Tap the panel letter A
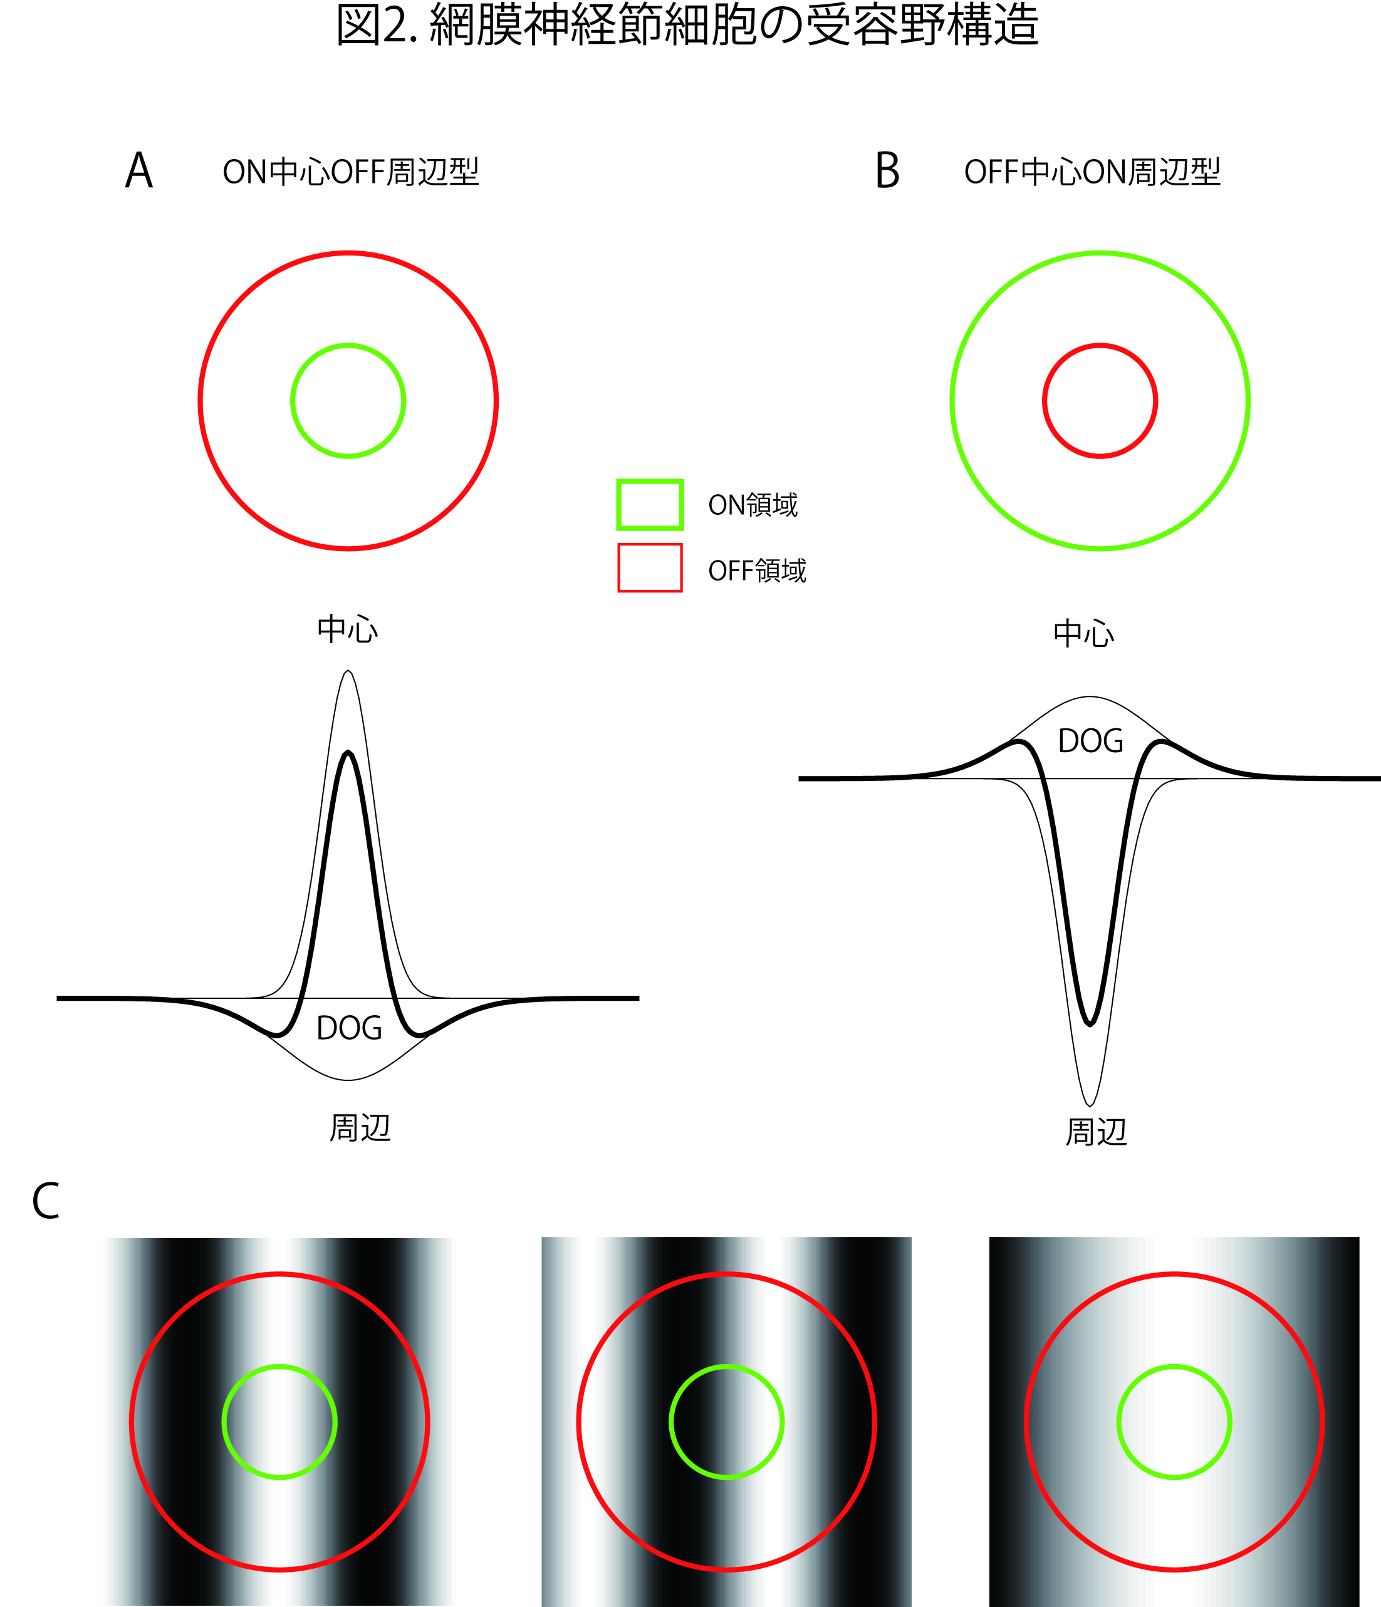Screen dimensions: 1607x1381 [139, 170]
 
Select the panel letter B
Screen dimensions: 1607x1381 [887, 170]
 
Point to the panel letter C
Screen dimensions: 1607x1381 [46, 1201]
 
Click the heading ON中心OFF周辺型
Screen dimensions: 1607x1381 [351, 172]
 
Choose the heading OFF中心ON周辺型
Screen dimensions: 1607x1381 [1092, 172]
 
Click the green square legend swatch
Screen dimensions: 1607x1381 [649, 505]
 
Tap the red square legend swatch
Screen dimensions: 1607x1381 [649, 569]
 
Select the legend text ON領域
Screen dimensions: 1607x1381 [753, 505]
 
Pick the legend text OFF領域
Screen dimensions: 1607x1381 [757, 571]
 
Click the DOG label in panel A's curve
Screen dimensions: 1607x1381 [349, 1028]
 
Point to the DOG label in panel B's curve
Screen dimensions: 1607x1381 [1090, 741]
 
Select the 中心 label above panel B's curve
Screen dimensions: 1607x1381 [1083, 634]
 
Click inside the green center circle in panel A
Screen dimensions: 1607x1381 [348, 401]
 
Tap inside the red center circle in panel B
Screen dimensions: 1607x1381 [1100, 401]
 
